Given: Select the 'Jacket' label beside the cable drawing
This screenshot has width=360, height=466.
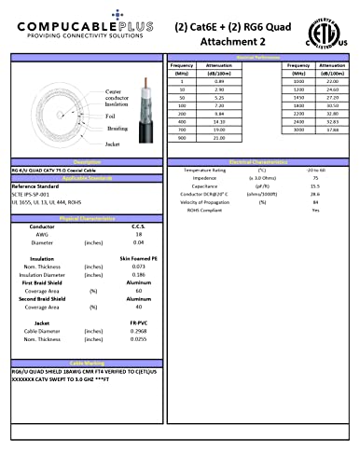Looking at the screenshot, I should tap(114, 144).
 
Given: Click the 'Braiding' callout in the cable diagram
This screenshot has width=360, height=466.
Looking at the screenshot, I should tap(117, 128).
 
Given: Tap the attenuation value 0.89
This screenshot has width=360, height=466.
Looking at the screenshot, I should tap(219, 82).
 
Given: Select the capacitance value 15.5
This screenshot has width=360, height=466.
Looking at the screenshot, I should tap(315, 186).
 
